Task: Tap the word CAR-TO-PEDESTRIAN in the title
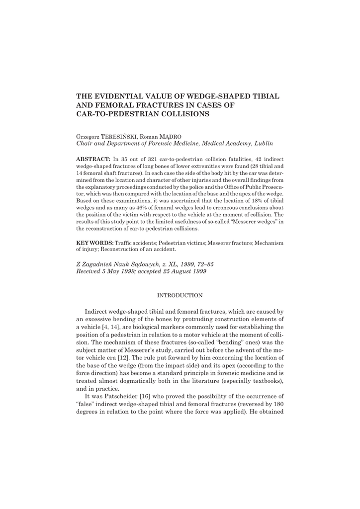(x=115, y=114)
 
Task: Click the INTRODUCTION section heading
(x=180, y=295)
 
